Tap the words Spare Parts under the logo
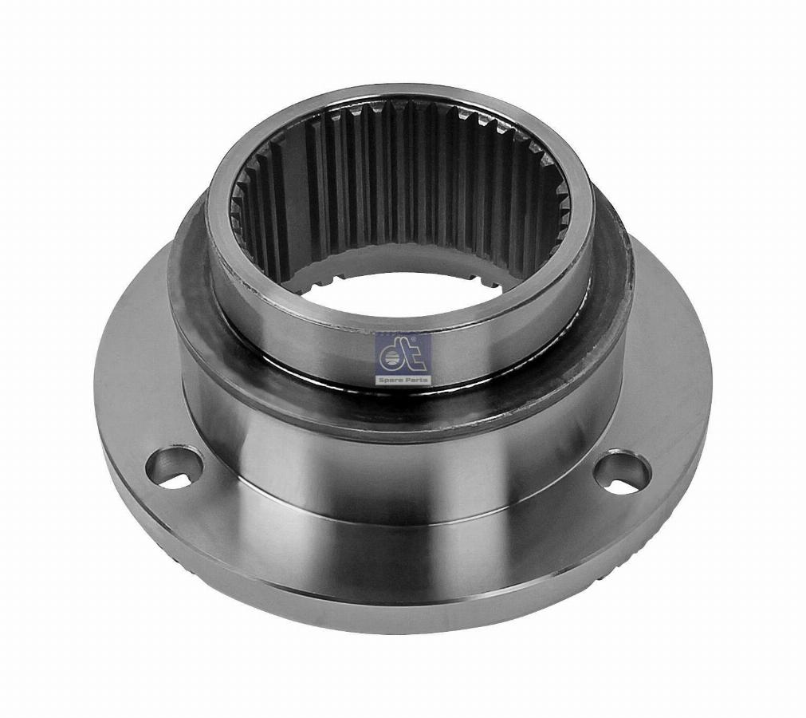click(x=404, y=380)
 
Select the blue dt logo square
click(x=404, y=355)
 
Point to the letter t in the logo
click(x=418, y=354)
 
